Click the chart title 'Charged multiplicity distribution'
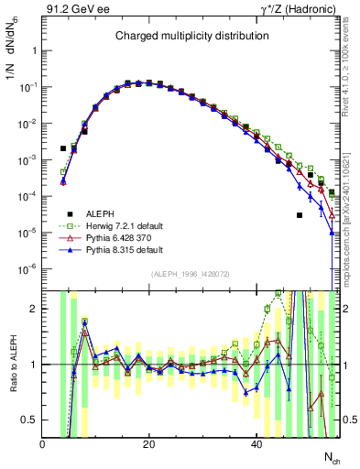(191, 36)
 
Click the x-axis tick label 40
(256, 444)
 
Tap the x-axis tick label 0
(42, 444)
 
